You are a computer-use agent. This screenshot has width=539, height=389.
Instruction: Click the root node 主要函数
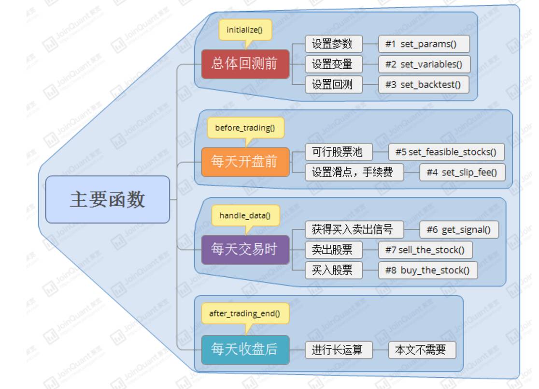click(x=108, y=199)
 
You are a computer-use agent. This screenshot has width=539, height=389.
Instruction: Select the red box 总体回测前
click(x=245, y=63)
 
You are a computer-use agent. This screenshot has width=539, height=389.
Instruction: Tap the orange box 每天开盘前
click(x=245, y=162)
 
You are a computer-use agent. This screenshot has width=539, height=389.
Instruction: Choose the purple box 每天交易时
click(x=245, y=249)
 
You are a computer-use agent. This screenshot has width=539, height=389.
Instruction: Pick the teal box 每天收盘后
click(x=245, y=349)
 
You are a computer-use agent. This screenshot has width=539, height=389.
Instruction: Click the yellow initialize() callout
click(x=245, y=30)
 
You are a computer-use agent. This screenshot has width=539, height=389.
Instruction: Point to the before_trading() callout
click(x=245, y=128)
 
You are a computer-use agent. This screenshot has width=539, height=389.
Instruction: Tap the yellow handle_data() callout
click(x=245, y=215)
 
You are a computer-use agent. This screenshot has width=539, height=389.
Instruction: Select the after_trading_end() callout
click(x=245, y=314)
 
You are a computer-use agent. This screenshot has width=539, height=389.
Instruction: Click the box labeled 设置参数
click(x=333, y=44)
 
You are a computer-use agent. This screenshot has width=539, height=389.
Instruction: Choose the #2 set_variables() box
click(x=424, y=64)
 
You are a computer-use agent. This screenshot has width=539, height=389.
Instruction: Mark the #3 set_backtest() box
click(x=424, y=85)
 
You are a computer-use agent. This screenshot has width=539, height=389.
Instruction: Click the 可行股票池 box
click(x=339, y=152)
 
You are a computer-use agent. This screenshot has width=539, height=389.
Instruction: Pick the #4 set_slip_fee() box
click(x=462, y=172)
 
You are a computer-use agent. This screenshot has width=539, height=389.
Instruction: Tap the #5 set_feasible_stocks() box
click(x=446, y=152)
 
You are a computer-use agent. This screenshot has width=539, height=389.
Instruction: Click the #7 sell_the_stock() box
click(x=425, y=250)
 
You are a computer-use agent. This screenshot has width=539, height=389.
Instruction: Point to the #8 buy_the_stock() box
click(x=427, y=270)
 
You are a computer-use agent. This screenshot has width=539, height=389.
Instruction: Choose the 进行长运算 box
click(x=339, y=349)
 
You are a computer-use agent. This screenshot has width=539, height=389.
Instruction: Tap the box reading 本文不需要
click(x=422, y=349)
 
